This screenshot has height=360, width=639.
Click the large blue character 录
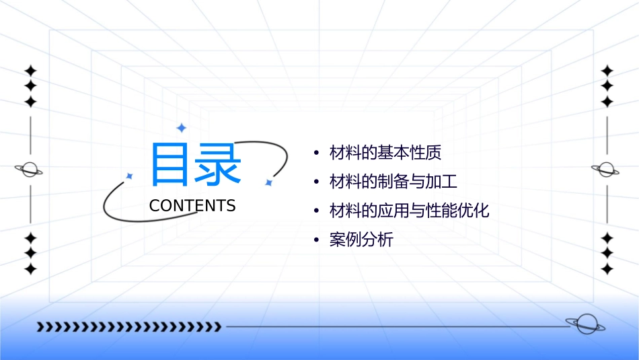[217, 164]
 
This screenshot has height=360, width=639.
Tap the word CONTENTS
[192, 206]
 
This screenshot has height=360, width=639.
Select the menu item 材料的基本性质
[385, 153]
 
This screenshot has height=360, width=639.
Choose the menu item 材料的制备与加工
[393, 182]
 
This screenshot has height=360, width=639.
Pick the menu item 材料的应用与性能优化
[409, 211]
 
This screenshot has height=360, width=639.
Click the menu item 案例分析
[361, 240]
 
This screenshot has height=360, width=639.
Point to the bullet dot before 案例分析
[316, 240]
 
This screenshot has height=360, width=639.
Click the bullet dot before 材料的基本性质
[316, 153]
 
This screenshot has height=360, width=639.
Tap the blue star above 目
[181, 127]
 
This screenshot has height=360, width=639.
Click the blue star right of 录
[268, 182]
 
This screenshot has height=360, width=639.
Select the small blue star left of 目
[130, 176]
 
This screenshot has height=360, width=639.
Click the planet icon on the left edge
[30, 170]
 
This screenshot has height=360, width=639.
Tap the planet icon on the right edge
[606, 170]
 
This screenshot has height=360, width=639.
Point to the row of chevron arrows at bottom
[129, 327]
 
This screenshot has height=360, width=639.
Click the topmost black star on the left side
[30, 70]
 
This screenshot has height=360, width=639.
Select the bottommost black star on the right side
[607, 269]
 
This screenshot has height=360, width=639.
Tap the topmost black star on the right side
[607, 70]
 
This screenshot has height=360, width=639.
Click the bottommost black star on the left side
[30, 269]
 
